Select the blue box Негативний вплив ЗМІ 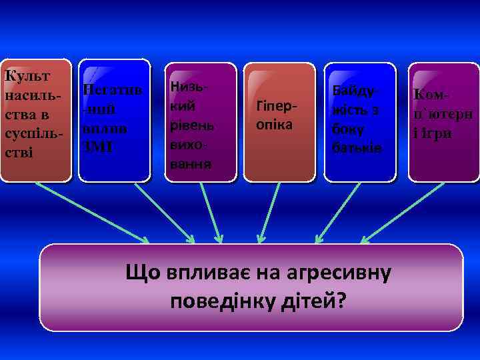point(115,120)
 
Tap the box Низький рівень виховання point(201,121)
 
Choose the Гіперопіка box point(279,121)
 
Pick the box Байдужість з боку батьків point(359,121)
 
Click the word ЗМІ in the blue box point(96,147)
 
